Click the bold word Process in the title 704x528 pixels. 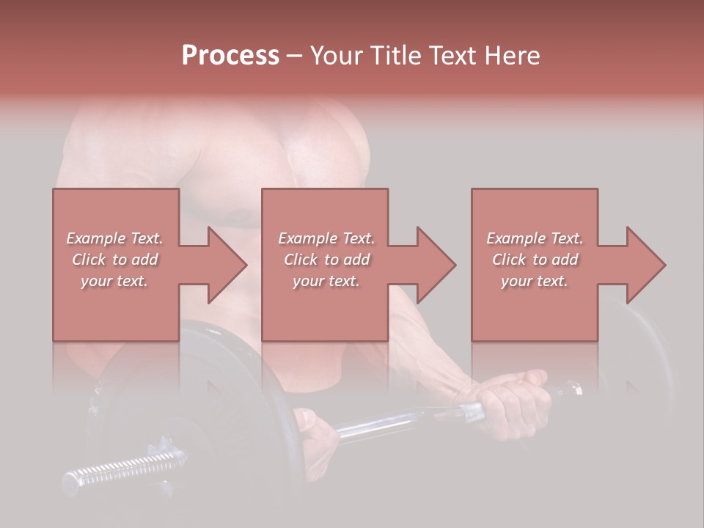pos(230,56)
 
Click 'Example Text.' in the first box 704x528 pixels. pos(115,238)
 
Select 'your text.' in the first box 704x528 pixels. pos(115,281)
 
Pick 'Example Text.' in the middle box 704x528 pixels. pos(326,238)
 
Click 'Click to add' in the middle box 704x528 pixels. pos(326,260)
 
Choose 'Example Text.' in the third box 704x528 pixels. pos(535,238)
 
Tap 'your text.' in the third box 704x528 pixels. pos(535,281)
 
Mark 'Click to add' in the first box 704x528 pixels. pos(115,260)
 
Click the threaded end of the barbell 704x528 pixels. pos(125,469)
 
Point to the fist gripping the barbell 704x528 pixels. pos(513,403)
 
